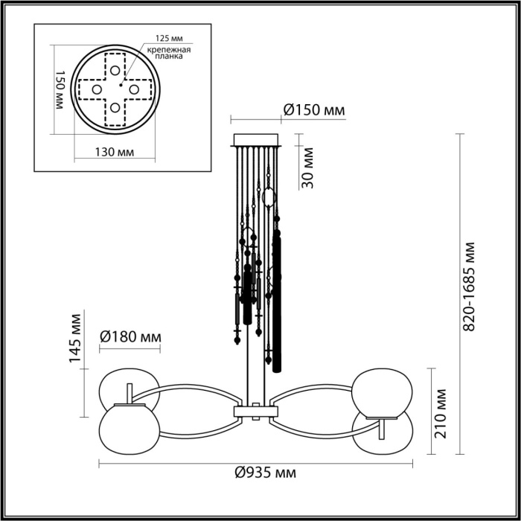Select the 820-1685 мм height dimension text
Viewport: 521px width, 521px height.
pos(468,287)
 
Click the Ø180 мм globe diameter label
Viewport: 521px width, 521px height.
pos(131,337)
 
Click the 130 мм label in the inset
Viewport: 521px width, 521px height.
pos(115,152)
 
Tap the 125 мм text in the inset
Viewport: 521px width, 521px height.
pos(170,37)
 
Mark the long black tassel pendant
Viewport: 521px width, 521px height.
pos(278,298)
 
